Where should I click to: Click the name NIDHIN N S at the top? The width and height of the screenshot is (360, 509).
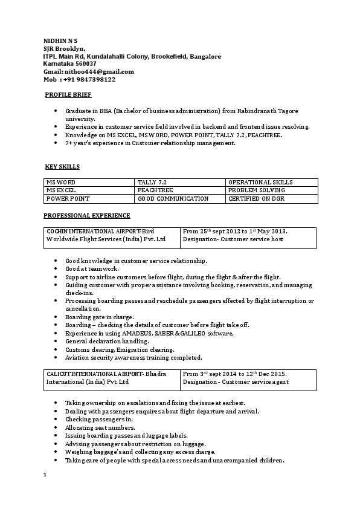pos(60,41)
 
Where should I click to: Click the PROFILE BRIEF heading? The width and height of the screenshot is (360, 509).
pos(69,95)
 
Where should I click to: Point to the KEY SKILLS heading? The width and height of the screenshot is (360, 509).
pos(62,166)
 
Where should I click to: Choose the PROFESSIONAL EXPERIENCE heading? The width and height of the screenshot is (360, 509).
pos(86,215)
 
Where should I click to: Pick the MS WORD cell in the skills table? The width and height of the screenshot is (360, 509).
pos(61,182)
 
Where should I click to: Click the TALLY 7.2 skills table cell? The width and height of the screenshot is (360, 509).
pos(152,182)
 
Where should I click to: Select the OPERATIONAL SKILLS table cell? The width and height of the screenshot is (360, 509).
pos(260,182)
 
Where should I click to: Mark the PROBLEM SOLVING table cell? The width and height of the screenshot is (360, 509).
pos(257,190)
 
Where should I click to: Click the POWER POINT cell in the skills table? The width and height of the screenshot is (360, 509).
pos(66,198)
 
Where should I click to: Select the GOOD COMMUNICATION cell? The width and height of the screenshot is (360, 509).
pos(173,198)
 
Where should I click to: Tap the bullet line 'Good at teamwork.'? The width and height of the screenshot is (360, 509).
pos(92,268)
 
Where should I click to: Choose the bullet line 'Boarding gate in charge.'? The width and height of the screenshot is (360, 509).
pos(100,317)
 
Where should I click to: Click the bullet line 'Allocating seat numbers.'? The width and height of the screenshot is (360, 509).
pos(100,427)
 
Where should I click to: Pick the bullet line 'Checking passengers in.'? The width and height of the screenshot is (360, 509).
pos(98,419)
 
